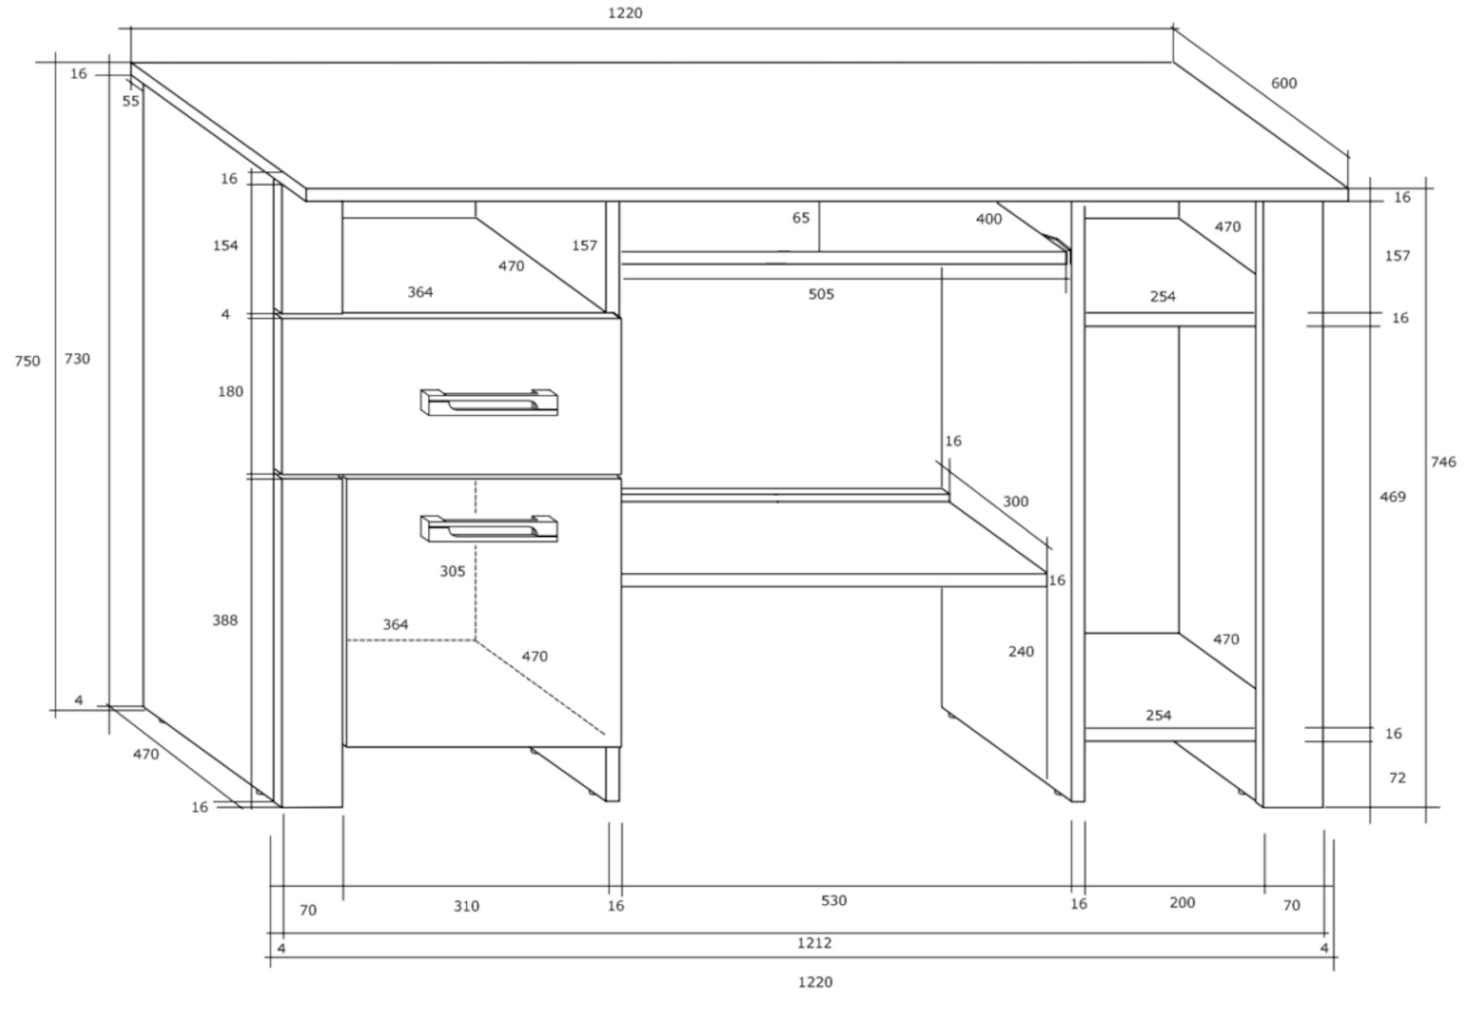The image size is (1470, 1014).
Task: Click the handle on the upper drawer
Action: (489, 402)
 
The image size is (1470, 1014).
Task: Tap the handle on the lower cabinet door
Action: (489, 529)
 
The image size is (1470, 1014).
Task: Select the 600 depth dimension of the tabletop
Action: (1284, 83)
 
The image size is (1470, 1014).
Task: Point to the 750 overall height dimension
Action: (28, 361)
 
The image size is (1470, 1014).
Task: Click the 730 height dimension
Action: (77, 359)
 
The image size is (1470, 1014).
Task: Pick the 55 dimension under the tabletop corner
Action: (131, 101)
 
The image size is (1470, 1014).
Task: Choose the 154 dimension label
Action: (225, 246)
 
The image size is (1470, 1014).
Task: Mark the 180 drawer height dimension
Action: (230, 392)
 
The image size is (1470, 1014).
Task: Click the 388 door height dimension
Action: (225, 620)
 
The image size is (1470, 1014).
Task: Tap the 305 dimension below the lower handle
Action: (452, 571)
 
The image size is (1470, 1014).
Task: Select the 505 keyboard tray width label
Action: (821, 295)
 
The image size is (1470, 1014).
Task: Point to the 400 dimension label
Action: (989, 219)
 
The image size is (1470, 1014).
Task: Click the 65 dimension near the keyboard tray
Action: (801, 218)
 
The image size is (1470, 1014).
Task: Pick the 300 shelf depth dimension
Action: (1015, 501)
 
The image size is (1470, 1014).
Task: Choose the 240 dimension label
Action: (1021, 651)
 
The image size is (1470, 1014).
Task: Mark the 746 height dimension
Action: (1443, 462)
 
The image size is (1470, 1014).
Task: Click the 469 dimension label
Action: (1392, 496)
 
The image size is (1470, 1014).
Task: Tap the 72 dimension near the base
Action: (1397, 778)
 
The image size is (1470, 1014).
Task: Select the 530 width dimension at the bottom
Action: (834, 901)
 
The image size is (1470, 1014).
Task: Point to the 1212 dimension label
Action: (815, 942)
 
